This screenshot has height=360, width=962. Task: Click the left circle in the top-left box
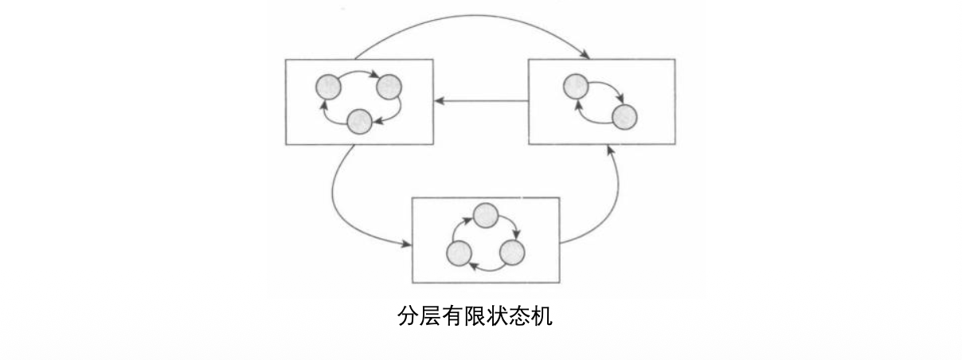(x=328, y=86)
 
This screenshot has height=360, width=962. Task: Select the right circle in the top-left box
(x=388, y=87)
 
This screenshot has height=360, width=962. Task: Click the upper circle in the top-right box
(x=576, y=86)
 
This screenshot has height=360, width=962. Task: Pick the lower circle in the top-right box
(x=625, y=117)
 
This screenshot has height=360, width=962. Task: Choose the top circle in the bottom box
(x=485, y=215)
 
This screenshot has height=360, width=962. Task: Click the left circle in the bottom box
(x=459, y=254)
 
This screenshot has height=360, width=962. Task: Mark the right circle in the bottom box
(x=511, y=253)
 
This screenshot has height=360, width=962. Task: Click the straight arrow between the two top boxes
(x=481, y=101)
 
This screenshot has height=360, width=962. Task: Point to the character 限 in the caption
(x=475, y=317)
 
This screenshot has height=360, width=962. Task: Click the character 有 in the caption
(x=453, y=317)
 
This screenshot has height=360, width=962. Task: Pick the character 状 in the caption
(x=498, y=317)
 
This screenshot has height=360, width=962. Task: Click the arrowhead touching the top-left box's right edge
(x=439, y=101)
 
